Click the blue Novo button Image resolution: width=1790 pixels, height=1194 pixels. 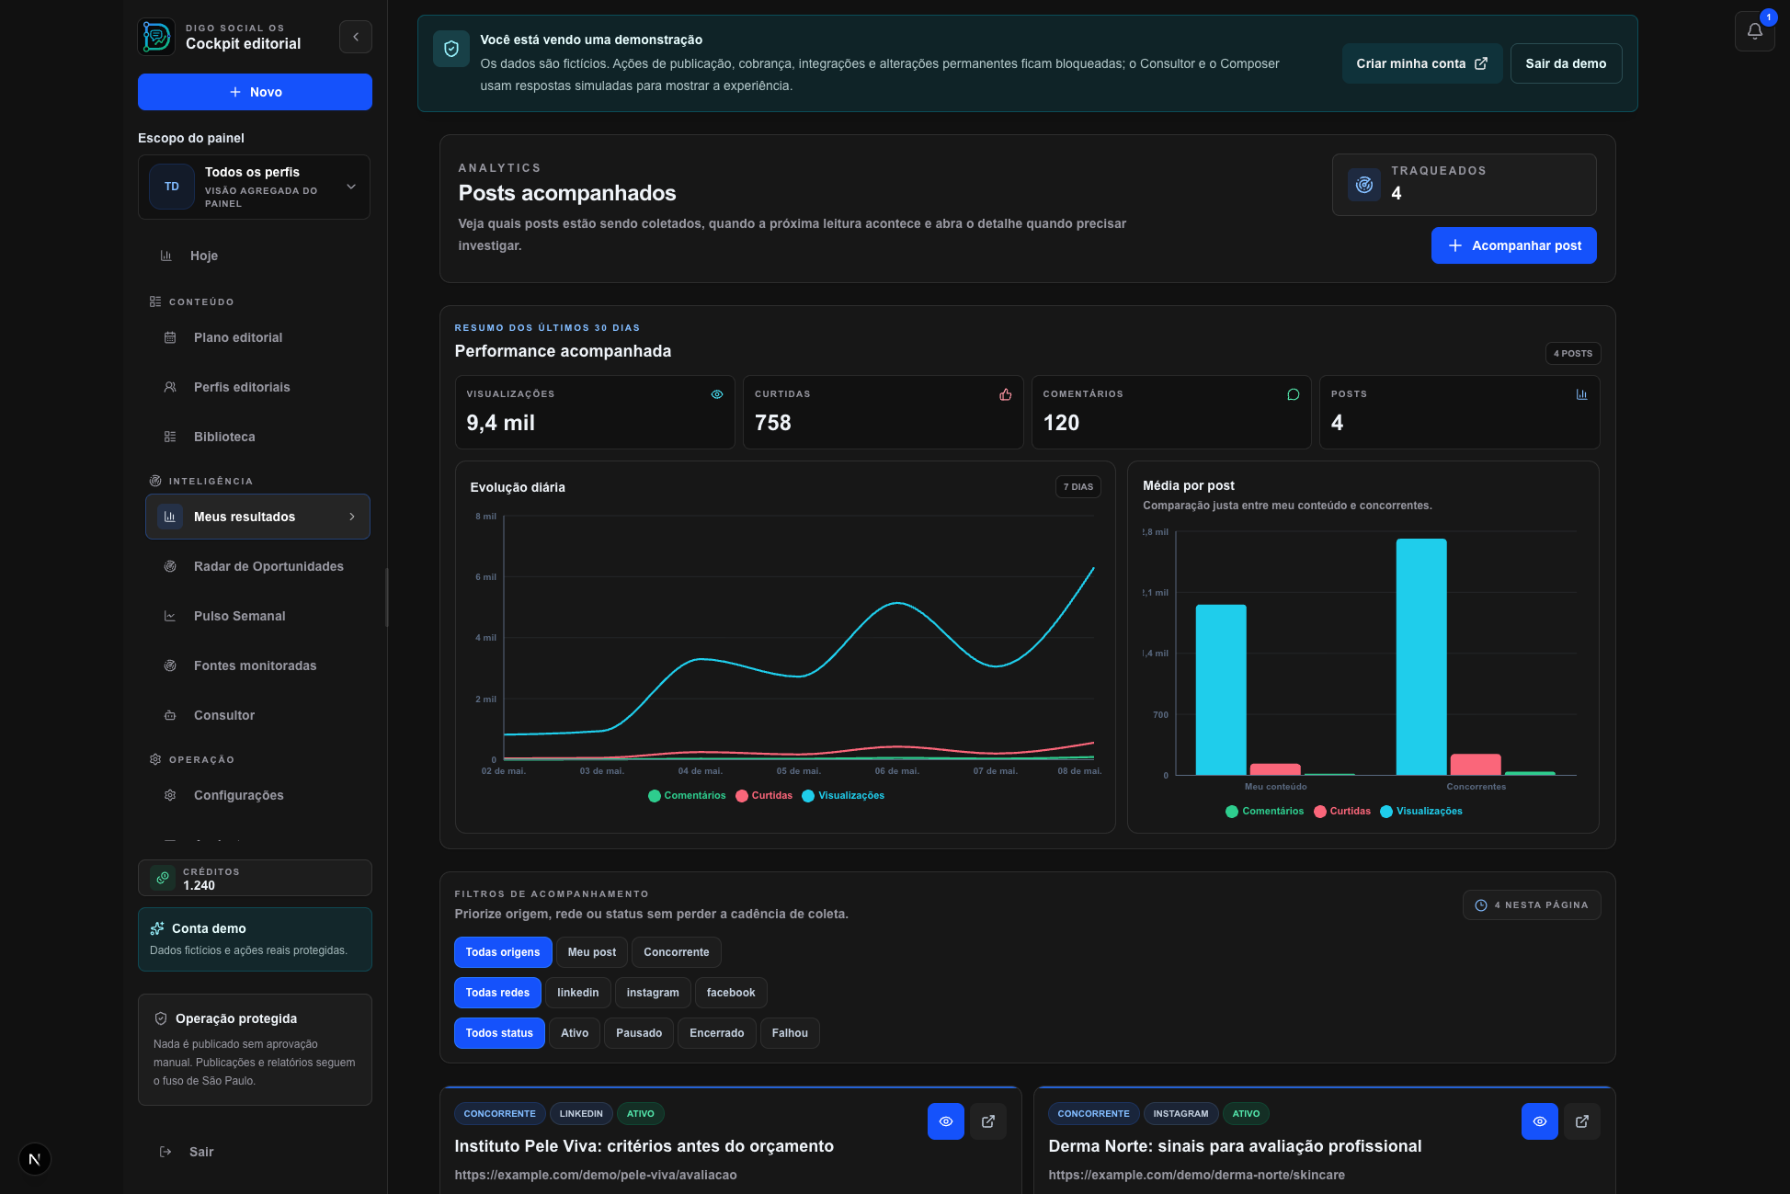255,92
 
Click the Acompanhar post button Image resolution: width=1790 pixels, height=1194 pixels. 1513,245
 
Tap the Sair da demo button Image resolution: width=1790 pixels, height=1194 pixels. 1566,63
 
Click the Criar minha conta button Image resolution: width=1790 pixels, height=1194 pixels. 1421,63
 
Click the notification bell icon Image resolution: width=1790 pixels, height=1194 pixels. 1754,31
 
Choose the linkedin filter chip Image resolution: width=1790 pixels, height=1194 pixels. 577,993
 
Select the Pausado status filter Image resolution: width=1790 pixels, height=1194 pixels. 639,1033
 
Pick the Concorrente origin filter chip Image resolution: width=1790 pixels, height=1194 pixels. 677,952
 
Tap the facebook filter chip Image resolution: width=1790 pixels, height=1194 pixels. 731,993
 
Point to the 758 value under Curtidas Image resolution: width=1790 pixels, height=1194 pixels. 773,423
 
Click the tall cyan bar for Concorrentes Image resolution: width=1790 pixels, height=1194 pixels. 1421,657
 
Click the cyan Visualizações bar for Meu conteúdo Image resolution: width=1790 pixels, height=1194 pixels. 1221,689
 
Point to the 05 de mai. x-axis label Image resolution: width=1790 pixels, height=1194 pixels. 798,771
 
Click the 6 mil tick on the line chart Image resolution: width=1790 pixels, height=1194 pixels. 485,577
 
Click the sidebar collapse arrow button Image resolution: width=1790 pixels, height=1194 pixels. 356,37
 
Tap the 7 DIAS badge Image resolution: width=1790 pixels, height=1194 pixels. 1078,487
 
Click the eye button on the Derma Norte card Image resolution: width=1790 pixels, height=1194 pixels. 1540,1121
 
